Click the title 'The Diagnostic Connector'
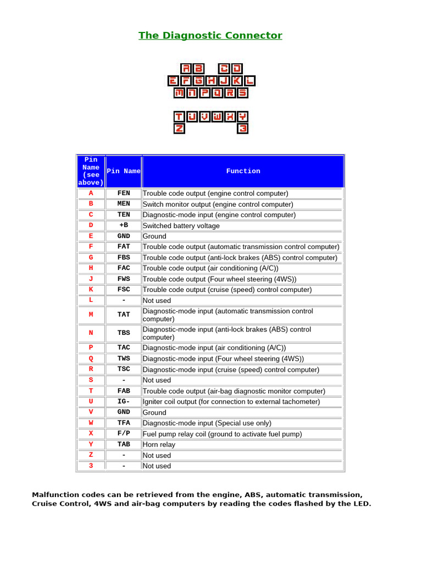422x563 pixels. point(210,36)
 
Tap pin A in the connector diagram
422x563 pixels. point(187,69)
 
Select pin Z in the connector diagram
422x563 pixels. point(179,129)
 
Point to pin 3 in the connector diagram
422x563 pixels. point(243,129)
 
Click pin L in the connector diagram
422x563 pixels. point(250,81)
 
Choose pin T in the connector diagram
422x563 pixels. point(179,117)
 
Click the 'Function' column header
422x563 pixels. point(243,171)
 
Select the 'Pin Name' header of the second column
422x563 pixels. point(124,171)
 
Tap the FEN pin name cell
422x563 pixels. point(124,194)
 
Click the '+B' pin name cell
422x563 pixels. point(124,225)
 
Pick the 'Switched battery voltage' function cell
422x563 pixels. point(181,226)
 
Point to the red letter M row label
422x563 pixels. point(91,314)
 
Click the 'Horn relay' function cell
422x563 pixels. point(159,444)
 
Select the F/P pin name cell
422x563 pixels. point(124,434)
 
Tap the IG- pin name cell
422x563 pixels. point(124,401)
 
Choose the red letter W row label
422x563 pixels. point(91,423)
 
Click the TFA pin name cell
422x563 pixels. point(124,423)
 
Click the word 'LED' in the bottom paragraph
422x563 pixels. point(362,504)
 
